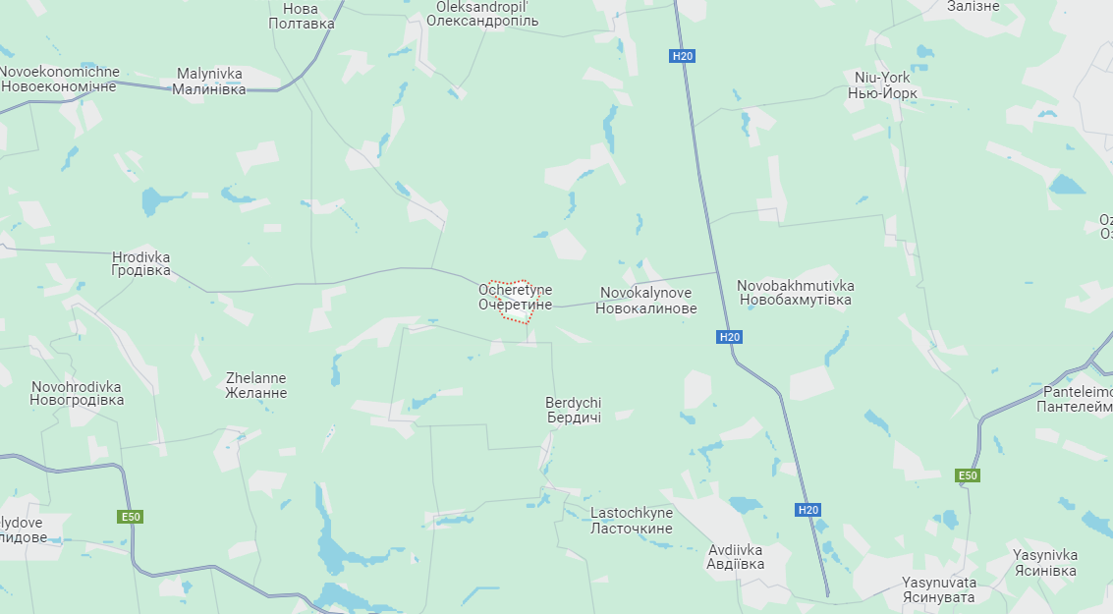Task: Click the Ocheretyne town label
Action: tap(515, 298)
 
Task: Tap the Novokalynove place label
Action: tap(647, 301)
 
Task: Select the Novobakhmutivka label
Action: tap(795, 292)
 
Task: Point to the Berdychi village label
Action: tap(574, 410)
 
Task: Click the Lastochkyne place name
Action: tap(632, 521)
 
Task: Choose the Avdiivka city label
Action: tap(735, 557)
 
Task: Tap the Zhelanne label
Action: tap(256, 385)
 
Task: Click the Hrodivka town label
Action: tap(140, 263)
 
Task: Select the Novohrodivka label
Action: tap(77, 393)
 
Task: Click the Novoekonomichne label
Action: tap(59, 79)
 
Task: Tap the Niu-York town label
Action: tap(882, 85)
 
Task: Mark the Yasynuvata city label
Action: tap(938, 589)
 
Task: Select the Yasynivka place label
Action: tap(1045, 563)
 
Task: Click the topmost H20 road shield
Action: tap(683, 56)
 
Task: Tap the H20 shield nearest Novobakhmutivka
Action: tap(729, 337)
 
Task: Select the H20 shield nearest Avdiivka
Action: tap(807, 510)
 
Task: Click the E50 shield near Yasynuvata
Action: tap(968, 476)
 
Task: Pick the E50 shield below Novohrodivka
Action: tap(131, 517)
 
